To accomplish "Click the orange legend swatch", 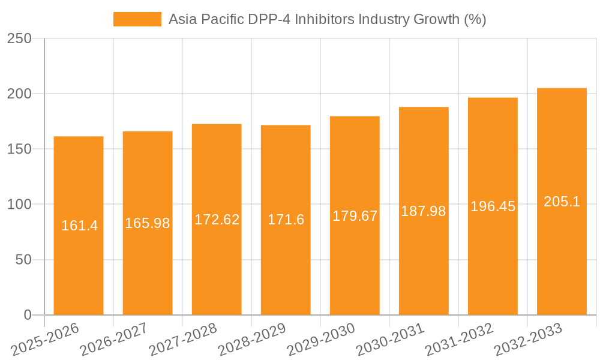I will pyautogui.click(x=137, y=19).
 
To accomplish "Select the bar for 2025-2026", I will pyautogui.click(x=79, y=270).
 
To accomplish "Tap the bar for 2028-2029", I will pyautogui.click(x=286, y=270).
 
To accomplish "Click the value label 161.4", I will pyautogui.click(x=79, y=226).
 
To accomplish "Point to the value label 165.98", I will pyautogui.click(x=148, y=223).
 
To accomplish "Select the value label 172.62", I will pyautogui.click(x=217, y=220).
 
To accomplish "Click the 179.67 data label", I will pyautogui.click(x=355, y=216).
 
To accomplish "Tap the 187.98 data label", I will pyautogui.click(x=424, y=211).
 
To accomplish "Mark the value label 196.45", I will pyautogui.click(x=493, y=206).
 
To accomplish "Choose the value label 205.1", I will pyautogui.click(x=562, y=202).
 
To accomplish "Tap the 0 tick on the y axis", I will pyautogui.click(x=28, y=315).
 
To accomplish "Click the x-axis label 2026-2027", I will pyautogui.click(x=114, y=339).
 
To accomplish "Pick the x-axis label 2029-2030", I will pyautogui.click(x=321, y=339).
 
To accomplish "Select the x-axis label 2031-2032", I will pyautogui.click(x=459, y=339).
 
